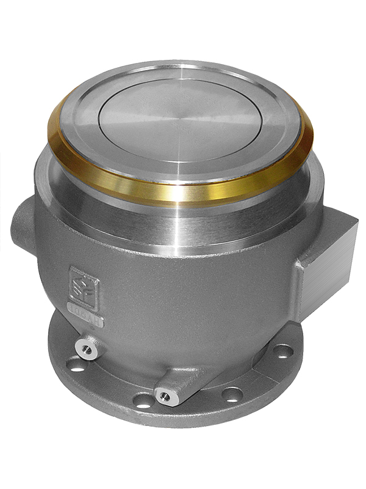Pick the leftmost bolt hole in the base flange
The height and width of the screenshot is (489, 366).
(x=74, y=367)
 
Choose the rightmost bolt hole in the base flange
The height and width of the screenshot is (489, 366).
(x=282, y=352)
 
